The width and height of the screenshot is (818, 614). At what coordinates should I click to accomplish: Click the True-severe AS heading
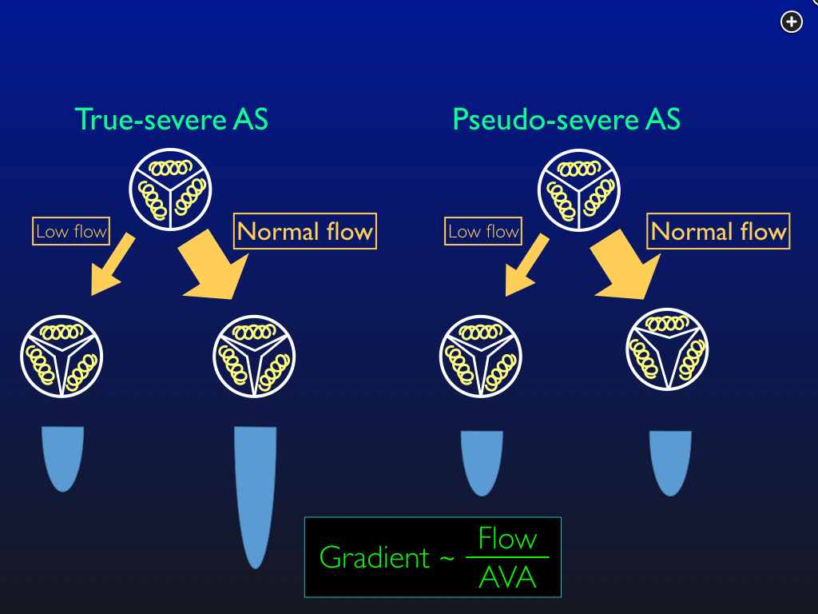click(171, 120)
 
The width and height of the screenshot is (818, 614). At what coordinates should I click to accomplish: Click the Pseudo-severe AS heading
click(566, 120)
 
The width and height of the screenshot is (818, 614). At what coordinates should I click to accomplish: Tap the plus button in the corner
click(791, 22)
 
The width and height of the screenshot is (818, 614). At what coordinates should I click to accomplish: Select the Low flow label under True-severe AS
click(71, 232)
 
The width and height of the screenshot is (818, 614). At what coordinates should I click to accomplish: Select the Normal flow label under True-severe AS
click(304, 232)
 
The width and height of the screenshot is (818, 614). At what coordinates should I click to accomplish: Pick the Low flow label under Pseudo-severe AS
click(483, 232)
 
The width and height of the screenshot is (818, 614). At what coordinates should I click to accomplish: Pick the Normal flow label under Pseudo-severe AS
click(718, 232)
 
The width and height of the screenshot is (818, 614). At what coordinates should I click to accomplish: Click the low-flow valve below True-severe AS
click(62, 356)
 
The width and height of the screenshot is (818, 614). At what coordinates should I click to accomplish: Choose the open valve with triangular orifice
click(667, 349)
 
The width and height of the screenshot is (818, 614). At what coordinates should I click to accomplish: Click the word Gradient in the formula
click(375, 557)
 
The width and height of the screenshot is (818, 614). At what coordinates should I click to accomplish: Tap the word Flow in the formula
click(508, 539)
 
